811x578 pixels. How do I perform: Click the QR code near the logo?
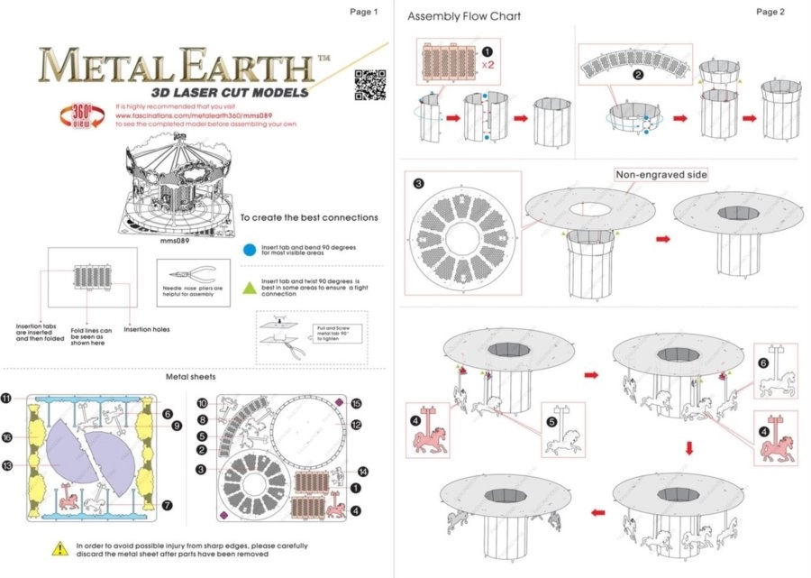point(365,84)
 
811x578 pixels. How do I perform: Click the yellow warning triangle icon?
point(59,547)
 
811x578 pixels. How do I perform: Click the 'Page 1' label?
point(363,12)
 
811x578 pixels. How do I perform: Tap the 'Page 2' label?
point(770,12)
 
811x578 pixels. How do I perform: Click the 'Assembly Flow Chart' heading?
point(463,16)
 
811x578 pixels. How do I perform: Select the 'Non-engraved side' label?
point(661,174)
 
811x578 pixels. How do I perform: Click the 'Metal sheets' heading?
point(189,376)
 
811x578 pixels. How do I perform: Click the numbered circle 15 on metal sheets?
point(356,403)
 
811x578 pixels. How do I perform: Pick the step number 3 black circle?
point(418,183)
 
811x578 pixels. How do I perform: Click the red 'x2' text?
point(488,65)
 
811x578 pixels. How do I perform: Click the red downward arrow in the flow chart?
point(690,446)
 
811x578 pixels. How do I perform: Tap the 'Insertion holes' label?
point(147,329)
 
